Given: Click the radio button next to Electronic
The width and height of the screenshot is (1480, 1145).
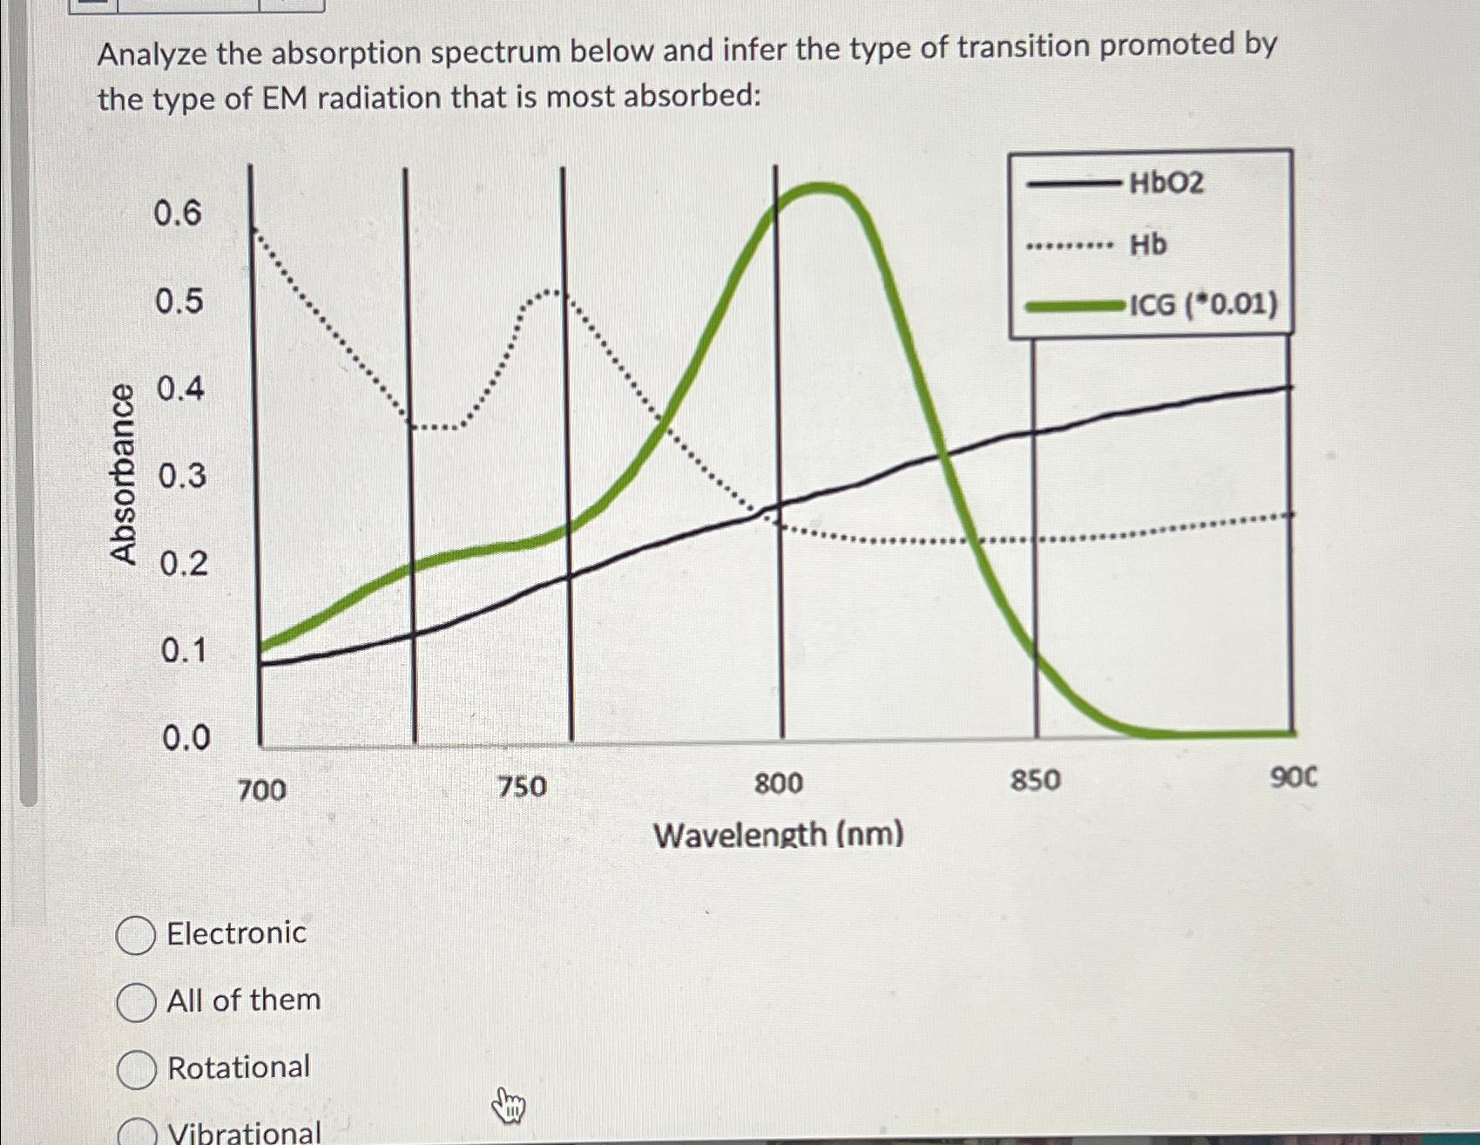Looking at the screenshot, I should tap(136, 936).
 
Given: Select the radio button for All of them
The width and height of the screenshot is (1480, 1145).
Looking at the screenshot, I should tap(136, 1002).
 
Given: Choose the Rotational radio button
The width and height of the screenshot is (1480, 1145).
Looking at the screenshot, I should tap(137, 1069).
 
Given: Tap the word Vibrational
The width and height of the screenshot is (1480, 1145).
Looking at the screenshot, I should tap(244, 1131).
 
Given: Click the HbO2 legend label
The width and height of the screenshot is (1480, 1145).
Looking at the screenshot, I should tap(1166, 183).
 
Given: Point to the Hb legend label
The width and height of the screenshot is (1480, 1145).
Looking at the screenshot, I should tap(1148, 245).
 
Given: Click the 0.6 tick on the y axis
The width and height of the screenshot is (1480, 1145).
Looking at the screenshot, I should tap(178, 213).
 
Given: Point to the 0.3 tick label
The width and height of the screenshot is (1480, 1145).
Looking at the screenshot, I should tap(182, 476).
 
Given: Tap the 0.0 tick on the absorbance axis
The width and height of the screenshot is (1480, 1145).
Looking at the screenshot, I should tap(186, 738).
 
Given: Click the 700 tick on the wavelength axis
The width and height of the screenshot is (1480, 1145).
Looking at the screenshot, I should tap(261, 790).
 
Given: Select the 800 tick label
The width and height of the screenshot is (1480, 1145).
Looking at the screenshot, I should tap(778, 784).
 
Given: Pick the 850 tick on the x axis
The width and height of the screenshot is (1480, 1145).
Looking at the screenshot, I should tap(1035, 781).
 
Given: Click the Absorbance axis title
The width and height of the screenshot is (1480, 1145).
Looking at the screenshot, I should tap(123, 475).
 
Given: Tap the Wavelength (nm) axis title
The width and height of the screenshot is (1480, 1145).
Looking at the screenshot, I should tap(778, 835).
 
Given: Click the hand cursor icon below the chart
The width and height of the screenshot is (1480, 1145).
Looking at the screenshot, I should tap(509, 1107).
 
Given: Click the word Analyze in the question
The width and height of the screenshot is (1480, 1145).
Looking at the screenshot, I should tap(152, 55).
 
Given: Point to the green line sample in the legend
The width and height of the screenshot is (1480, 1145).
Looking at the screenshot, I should tap(1074, 306).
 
